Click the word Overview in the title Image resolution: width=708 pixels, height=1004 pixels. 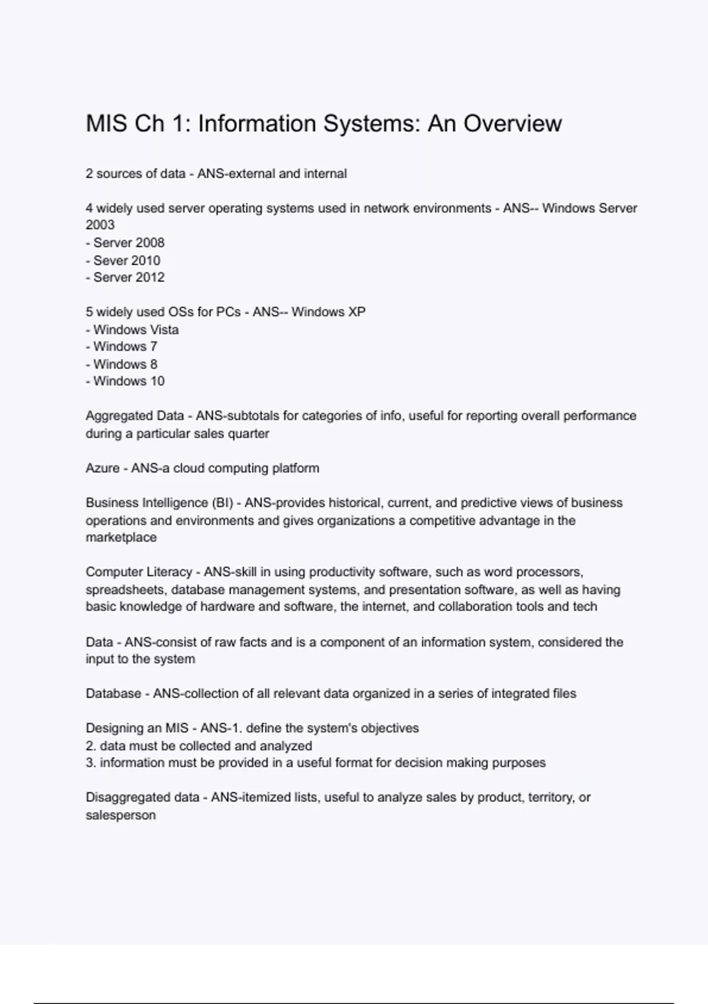coord(512,123)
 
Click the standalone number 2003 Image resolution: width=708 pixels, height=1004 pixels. coord(100,225)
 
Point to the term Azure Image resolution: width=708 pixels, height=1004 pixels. coord(102,468)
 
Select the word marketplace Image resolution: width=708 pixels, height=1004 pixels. coord(121,537)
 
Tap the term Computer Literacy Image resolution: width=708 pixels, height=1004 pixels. coord(139,572)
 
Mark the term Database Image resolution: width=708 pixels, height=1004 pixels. coord(113,693)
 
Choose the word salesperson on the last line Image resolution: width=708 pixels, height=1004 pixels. coord(121,815)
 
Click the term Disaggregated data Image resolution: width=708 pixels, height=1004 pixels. coord(142,797)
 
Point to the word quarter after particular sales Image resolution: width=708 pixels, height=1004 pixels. coord(249,433)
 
